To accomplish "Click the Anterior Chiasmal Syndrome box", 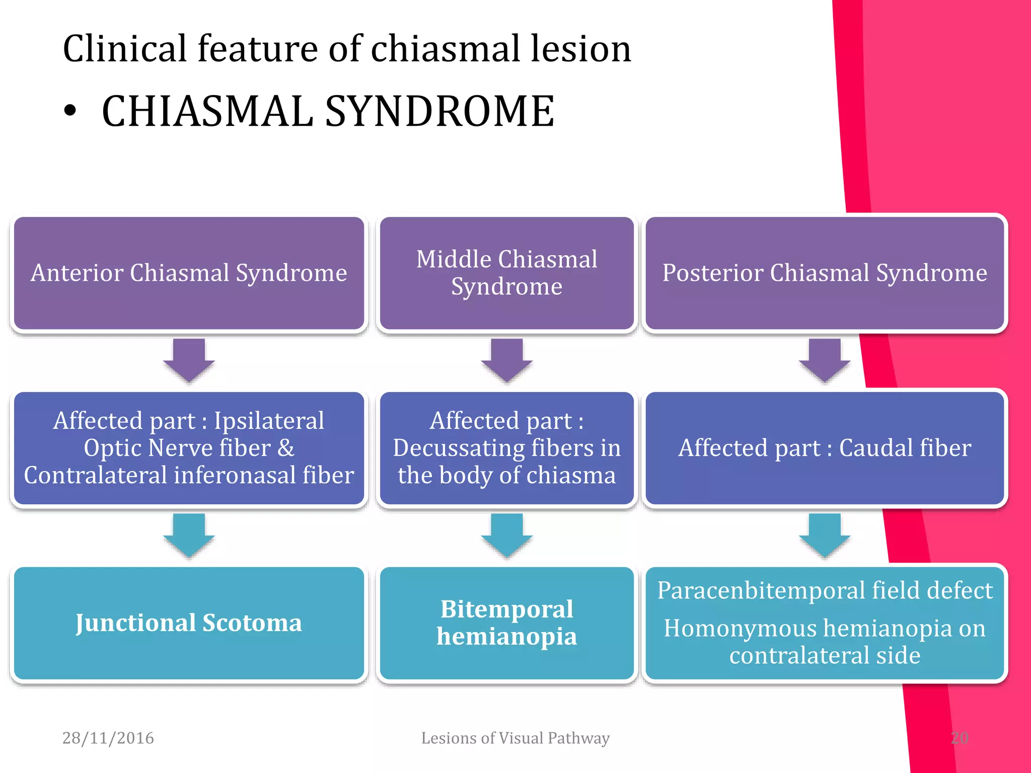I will click(x=189, y=273).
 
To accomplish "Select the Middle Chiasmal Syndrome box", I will click(x=506, y=273).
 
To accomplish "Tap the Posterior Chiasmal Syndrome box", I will click(x=825, y=273).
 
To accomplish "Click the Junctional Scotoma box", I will click(x=189, y=623).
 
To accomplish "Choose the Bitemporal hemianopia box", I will click(x=506, y=623).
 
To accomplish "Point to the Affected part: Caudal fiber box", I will click(x=825, y=448).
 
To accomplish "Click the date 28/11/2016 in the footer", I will click(x=108, y=738).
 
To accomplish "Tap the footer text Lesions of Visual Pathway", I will click(x=515, y=738).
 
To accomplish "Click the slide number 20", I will click(x=960, y=738).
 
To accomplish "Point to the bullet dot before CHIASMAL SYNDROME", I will click(x=70, y=111).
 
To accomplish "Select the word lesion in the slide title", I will click(x=581, y=49).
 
